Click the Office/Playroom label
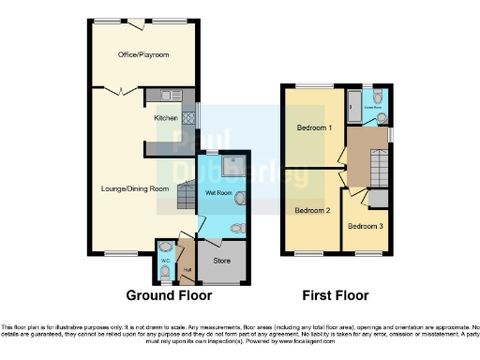tap(143, 55)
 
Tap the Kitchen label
tap(166, 118)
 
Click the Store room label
tap(222, 261)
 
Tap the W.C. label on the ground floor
tap(165, 262)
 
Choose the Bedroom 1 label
tap(312, 127)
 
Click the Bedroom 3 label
tap(364, 226)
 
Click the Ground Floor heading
tap(175, 294)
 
